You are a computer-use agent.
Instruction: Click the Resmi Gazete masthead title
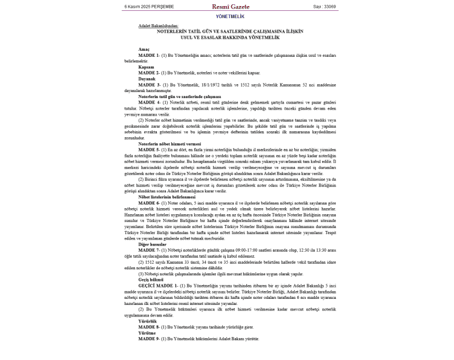(230, 7)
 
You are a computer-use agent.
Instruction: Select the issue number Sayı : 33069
(324, 7)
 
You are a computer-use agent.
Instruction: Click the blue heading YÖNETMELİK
(230, 16)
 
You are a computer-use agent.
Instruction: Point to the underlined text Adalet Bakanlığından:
(158, 26)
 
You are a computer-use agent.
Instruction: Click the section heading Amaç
(143, 49)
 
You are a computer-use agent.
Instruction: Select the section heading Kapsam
(146, 67)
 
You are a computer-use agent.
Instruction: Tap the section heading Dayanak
(147, 79)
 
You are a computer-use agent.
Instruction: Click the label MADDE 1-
(149, 55)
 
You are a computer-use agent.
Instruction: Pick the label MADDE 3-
(149, 85)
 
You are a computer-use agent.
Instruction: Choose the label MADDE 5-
(149, 149)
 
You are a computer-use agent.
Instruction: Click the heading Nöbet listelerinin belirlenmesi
(167, 197)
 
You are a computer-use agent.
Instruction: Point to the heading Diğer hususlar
(152, 244)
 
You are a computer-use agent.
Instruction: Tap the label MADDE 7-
(149, 250)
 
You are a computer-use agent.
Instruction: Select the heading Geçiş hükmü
(151, 280)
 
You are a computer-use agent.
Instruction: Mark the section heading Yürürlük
(148, 321)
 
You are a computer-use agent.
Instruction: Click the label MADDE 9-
(149, 338)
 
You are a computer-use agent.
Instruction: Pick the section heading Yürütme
(147, 332)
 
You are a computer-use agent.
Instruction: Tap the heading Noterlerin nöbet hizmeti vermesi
(169, 143)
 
